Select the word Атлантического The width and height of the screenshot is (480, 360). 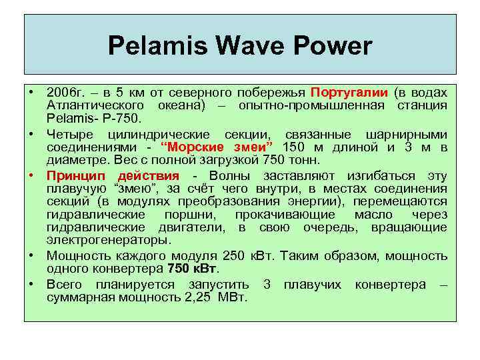pyautogui.click(x=96, y=106)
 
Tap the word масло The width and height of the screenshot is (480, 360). pyautogui.click(x=377, y=215)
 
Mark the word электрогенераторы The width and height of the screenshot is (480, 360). pyautogui.click(x=109, y=240)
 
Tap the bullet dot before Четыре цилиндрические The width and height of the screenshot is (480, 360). pyautogui.click(x=31, y=134)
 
